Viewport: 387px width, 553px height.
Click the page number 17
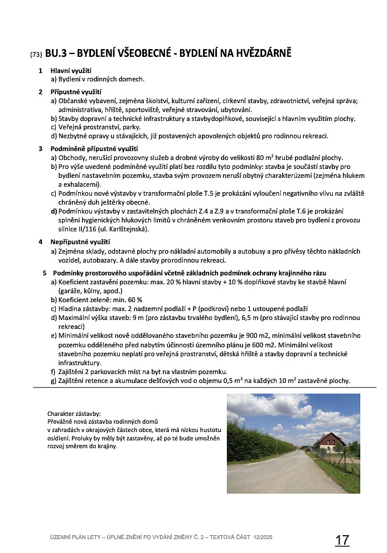(342, 540)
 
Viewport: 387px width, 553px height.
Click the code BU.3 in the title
(56, 54)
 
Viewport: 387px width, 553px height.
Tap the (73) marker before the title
(36, 55)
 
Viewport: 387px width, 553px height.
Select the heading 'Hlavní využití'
(71, 71)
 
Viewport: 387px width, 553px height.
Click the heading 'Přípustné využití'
(75, 91)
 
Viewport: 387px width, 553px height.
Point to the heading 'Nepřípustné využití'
(80, 242)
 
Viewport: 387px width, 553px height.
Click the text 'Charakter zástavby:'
(74, 414)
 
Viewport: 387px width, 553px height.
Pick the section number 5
(45, 273)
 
